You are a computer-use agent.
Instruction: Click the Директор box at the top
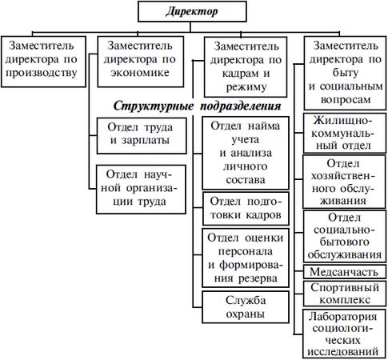[192, 11]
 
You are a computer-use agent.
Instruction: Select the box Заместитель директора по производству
[43, 62]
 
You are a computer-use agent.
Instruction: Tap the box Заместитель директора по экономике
[141, 62]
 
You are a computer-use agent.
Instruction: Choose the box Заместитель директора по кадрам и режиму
[246, 66]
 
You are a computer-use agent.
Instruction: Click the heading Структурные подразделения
[198, 106]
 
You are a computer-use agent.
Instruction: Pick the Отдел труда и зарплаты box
[142, 136]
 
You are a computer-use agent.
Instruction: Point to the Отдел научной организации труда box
[141, 190]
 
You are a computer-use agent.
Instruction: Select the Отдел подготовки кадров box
[246, 209]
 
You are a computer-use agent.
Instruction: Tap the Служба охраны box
[246, 307]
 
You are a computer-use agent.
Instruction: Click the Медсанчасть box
[344, 272]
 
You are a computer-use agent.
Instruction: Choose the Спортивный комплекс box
[344, 294]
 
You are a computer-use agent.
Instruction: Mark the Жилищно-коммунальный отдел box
[344, 133]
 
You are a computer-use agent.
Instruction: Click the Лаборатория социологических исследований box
[344, 334]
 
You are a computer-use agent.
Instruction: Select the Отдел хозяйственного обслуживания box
[344, 182]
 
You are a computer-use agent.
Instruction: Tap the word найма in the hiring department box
[264, 126]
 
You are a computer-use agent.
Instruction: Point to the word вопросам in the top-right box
[346, 100]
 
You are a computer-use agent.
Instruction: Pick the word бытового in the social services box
[344, 242]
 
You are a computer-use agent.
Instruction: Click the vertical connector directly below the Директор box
[190, 27]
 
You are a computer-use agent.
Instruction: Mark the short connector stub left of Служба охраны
[198, 307]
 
